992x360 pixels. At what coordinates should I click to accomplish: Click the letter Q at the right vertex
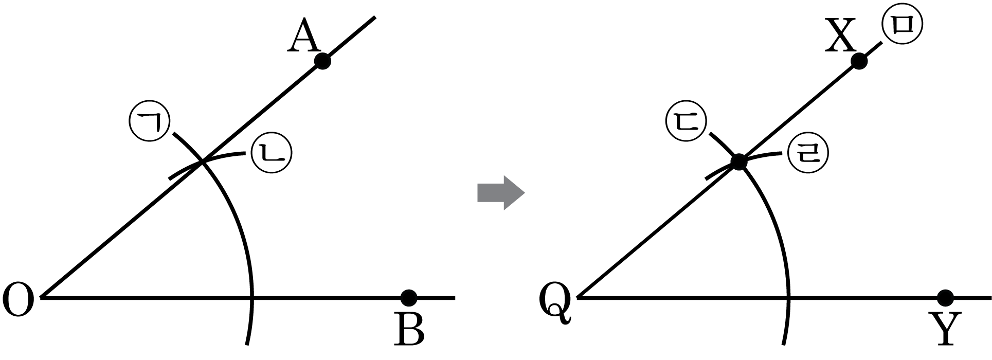coord(555,304)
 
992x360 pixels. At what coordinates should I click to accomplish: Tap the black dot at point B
coord(409,297)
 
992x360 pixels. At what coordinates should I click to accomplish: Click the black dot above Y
coord(945,297)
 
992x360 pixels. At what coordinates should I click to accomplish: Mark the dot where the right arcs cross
coord(739,162)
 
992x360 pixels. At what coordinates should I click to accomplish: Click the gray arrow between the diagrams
coord(500,193)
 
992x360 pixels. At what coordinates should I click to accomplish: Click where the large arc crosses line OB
coord(251,297)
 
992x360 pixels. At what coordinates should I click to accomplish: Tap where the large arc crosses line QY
coord(788,297)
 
